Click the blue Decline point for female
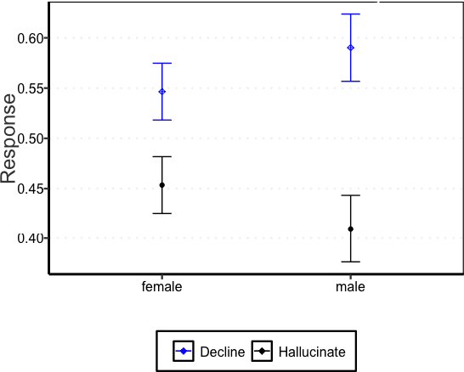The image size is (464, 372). (161, 92)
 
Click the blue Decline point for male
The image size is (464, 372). (350, 48)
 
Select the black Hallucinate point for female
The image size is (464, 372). (161, 185)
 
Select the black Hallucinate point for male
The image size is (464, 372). (350, 229)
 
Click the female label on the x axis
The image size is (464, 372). (161, 287)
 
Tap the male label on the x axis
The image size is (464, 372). (350, 287)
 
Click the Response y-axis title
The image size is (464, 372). (9, 138)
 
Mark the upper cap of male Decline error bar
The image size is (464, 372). (350, 14)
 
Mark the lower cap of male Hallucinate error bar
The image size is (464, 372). (350, 262)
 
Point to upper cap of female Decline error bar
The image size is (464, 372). (161, 64)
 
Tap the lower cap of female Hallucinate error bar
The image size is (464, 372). (161, 213)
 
